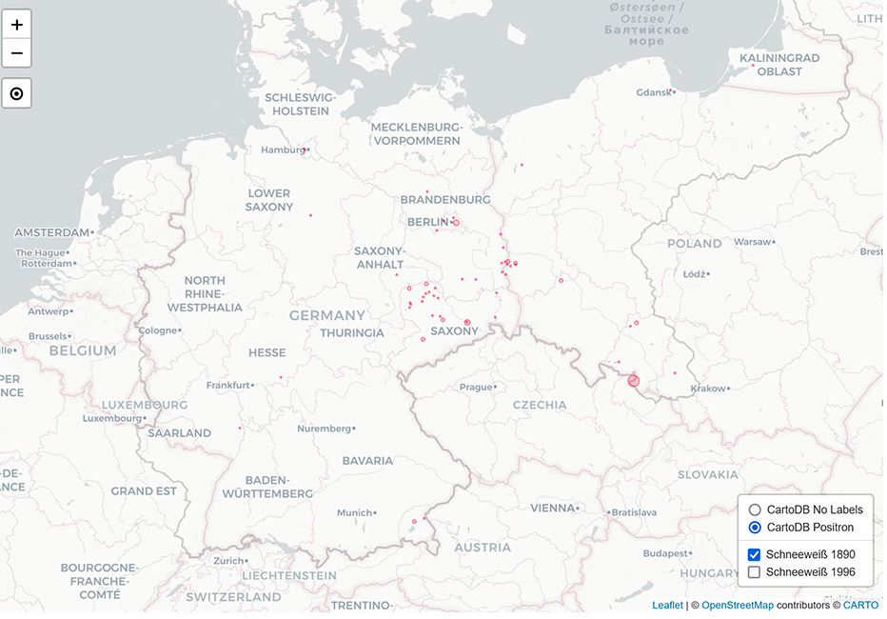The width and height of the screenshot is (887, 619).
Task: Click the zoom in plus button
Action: point(17,25)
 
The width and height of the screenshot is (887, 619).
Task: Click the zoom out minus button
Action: point(17,53)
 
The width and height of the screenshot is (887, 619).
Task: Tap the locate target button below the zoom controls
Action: point(17,94)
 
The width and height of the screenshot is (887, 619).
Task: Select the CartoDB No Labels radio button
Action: point(755,509)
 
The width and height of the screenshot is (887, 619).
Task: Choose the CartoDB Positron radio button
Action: point(755,528)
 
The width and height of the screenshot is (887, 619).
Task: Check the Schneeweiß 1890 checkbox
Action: point(755,554)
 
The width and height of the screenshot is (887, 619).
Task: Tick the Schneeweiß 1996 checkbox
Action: point(755,572)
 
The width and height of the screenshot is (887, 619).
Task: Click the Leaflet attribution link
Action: point(666,605)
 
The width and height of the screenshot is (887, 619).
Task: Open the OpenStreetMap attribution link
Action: point(738,605)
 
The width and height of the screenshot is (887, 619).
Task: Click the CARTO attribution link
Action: point(860,605)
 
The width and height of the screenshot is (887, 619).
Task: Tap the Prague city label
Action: point(475,388)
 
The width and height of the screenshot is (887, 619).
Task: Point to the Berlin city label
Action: point(426,222)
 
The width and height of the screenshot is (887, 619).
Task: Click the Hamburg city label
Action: point(283,150)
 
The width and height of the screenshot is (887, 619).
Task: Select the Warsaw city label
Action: point(752,242)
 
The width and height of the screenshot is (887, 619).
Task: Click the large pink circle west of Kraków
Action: point(634,381)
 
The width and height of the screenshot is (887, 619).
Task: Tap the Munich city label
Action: point(354,512)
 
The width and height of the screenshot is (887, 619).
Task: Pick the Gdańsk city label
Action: point(653,92)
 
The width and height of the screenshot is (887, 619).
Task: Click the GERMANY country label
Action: point(327,315)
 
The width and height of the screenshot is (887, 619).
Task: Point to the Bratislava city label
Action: point(634,512)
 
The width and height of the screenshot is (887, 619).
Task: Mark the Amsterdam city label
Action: point(51,232)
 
